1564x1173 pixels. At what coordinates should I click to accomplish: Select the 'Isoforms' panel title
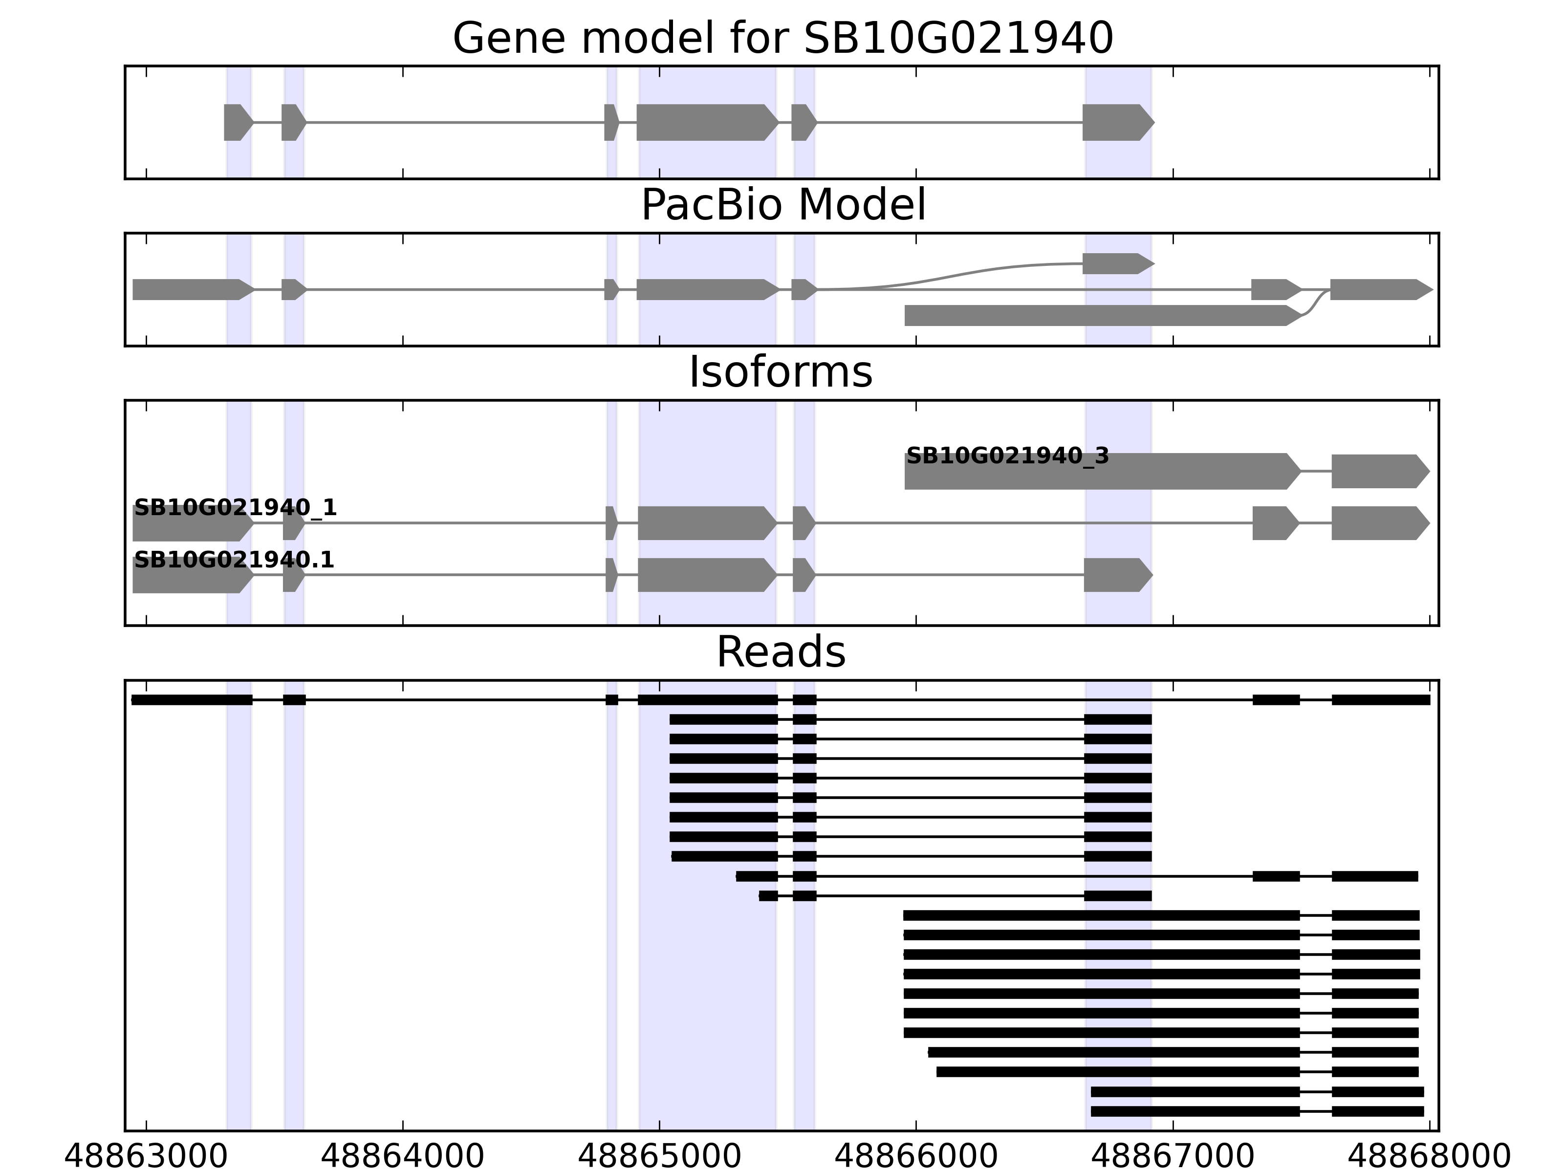pos(780,372)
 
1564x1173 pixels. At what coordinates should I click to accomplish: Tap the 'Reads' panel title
pos(781,652)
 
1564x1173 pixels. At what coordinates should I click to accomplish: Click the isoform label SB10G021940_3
pos(1007,456)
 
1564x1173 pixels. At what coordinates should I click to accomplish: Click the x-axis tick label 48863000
pos(146,1157)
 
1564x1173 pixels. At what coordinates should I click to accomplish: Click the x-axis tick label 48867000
pos(1173,1157)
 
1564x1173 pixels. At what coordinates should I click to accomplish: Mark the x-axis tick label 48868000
pos(1429,1157)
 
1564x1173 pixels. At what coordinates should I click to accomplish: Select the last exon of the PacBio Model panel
pos(1379,289)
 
